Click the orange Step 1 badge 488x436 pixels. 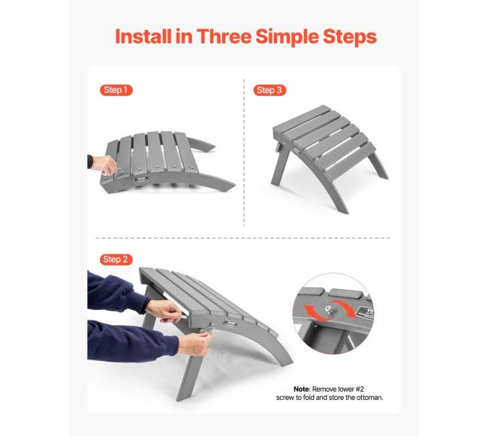pos(116,90)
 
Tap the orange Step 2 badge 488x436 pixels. pos(116,260)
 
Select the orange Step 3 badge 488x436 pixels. pos(270,90)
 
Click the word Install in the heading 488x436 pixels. pos(143,36)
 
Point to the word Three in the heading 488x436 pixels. pos(224,36)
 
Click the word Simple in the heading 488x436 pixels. pos(288,38)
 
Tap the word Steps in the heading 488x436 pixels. pos(350,38)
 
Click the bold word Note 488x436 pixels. pos(301,389)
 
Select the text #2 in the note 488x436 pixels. pos(360,389)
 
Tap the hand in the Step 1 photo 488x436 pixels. pos(104,164)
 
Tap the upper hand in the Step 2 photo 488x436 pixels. pos(164,311)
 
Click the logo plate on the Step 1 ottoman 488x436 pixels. pos(140,179)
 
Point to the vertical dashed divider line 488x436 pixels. pos(244,152)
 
